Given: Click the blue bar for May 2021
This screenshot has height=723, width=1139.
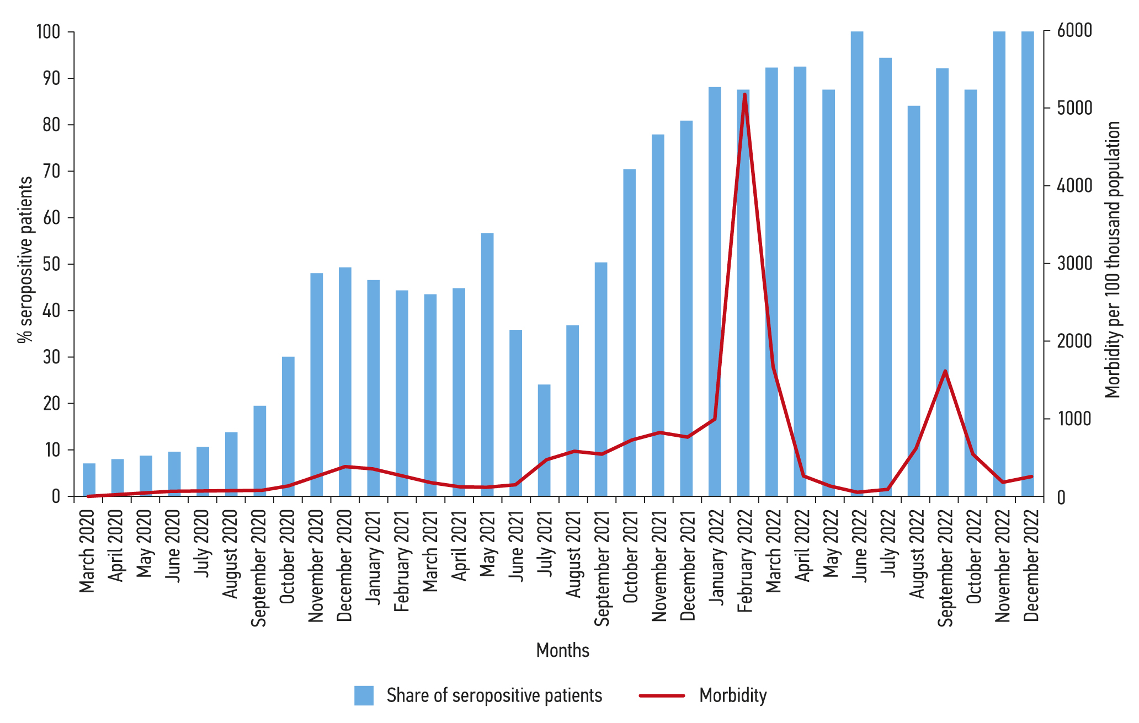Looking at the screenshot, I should (487, 364).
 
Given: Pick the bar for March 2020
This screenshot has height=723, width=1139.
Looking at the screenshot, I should (89, 479).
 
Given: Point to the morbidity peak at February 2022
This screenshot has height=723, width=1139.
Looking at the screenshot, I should (744, 95).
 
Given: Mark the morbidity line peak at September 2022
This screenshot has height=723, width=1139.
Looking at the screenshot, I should (945, 371).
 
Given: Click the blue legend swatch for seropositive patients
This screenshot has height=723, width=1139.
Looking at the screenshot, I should (364, 695).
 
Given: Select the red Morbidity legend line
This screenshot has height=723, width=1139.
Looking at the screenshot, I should (662, 695).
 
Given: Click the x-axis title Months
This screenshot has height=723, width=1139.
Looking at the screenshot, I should (562, 650).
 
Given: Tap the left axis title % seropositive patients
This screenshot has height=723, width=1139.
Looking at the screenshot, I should (25, 259).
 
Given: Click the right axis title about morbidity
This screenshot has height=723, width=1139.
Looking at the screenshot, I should (1113, 259).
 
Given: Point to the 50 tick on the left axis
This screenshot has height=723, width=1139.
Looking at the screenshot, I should (51, 264).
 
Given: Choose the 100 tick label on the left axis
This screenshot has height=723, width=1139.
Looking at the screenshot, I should (48, 31).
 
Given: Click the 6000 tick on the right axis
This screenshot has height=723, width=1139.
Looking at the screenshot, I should (1074, 31).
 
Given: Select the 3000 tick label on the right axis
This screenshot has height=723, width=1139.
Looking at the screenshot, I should (1074, 264).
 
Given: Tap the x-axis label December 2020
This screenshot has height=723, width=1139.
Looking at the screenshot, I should (344, 565).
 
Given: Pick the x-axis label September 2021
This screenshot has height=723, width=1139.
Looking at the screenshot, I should (602, 568).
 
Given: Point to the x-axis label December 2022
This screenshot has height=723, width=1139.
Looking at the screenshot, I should (1031, 565).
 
